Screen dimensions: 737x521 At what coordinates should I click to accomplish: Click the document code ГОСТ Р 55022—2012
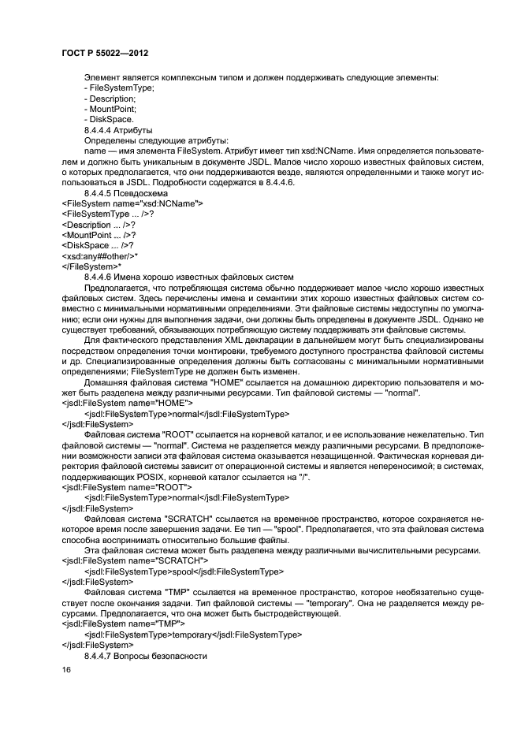pyautogui.click(x=105, y=53)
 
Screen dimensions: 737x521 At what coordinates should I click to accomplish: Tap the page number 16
pyautogui.click(x=66, y=669)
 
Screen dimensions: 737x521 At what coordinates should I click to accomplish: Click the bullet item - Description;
pyautogui.click(x=110, y=99)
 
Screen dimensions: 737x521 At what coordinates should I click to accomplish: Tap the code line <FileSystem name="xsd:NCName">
pyautogui.click(x=132, y=203)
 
